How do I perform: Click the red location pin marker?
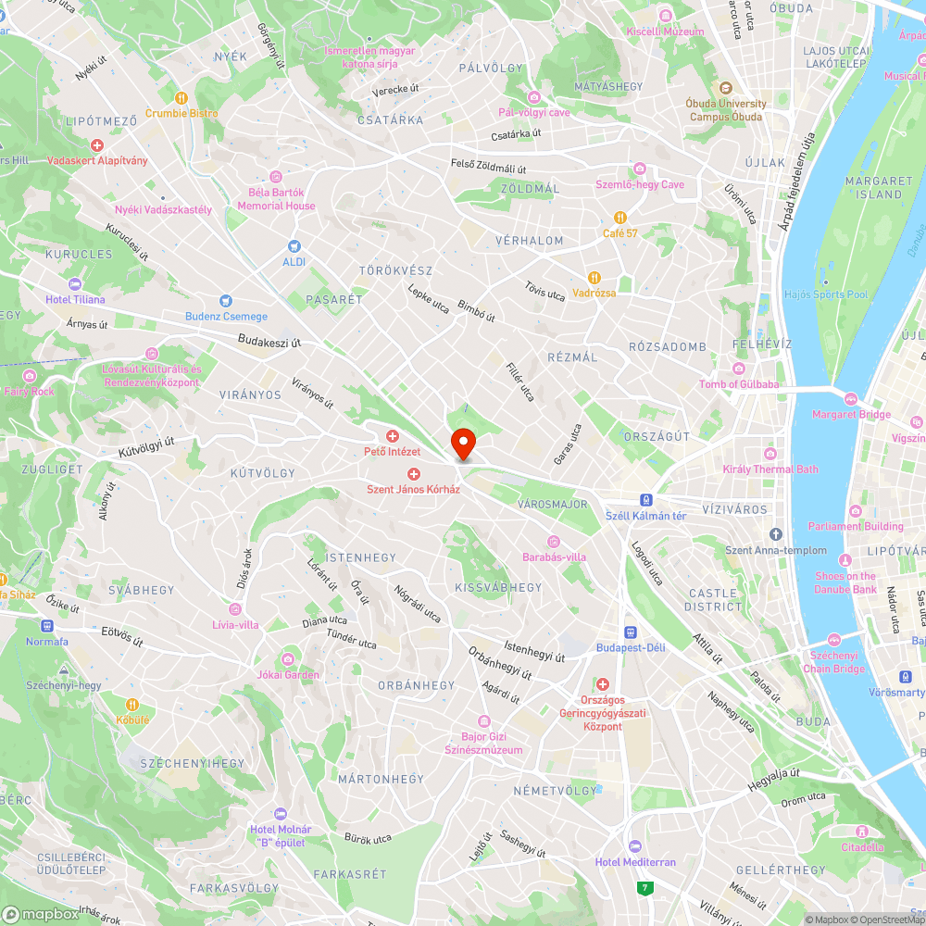point(462,443)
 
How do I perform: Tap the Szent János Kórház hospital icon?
point(414,474)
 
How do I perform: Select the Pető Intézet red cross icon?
point(392,436)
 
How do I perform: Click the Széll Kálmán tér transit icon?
point(646,499)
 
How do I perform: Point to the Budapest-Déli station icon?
point(631,632)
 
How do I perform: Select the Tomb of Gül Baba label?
point(739,384)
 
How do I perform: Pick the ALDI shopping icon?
point(294,246)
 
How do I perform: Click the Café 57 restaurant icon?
point(620,218)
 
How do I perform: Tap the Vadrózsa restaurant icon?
point(594,277)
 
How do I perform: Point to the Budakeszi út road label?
point(269,341)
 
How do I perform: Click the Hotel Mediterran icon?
point(634,846)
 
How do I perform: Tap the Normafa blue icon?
point(33,626)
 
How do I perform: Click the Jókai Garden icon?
point(288,658)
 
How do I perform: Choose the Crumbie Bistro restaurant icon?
point(181,97)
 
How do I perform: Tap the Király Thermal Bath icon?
point(770,453)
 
